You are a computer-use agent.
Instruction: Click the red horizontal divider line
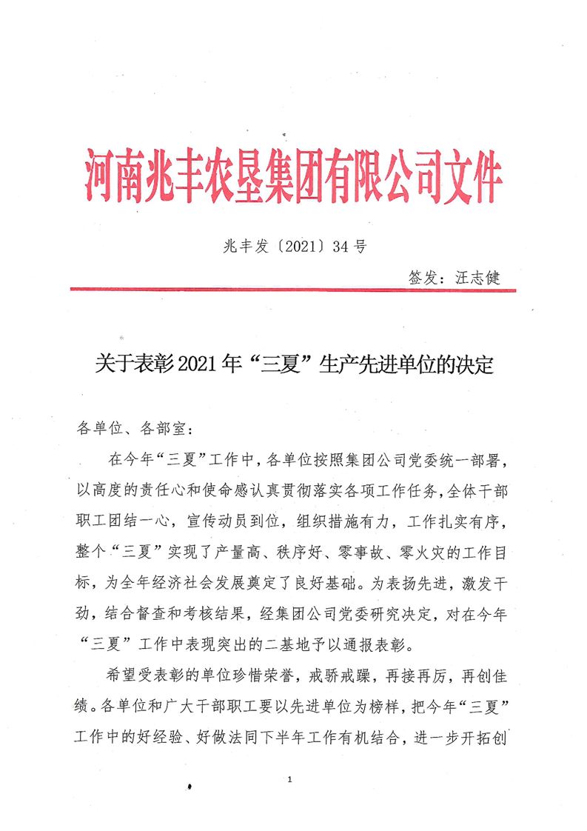click(x=293, y=290)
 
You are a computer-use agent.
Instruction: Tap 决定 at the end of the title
click(x=474, y=365)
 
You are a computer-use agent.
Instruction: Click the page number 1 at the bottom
click(x=293, y=780)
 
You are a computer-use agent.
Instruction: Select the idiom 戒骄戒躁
click(x=323, y=679)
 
